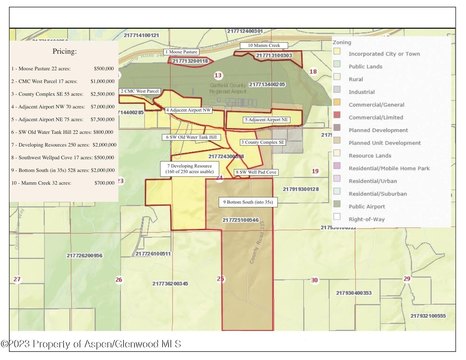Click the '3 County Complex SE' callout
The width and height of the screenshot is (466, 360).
tap(264, 143)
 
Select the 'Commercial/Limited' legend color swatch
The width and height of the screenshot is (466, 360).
tap(340, 117)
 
